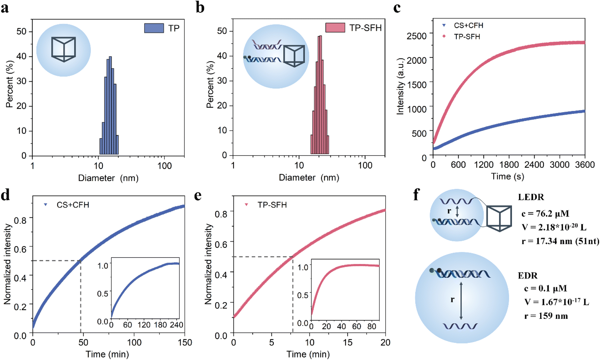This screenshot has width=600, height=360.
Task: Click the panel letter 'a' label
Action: pyautogui.click(x=5, y=8)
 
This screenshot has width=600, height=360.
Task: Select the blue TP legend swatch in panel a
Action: pyautogui.click(x=154, y=28)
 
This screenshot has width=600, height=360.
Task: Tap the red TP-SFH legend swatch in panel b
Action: pyautogui.click(x=335, y=27)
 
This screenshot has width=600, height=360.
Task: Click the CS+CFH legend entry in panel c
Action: pyautogui.click(x=468, y=25)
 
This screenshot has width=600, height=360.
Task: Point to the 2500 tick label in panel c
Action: pyautogui.click(x=417, y=36)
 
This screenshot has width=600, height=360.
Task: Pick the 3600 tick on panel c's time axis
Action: pyautogui.click(x=584, y=165)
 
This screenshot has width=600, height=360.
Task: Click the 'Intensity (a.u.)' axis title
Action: pyautogui.click(x=400, y=86)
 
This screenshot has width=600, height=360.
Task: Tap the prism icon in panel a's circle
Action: pyautogui.click(x=64, y=49)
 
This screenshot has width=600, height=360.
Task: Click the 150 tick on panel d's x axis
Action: pyautogui.click(x=185, y=342)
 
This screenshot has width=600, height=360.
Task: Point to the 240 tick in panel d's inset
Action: pyautogui.click(x=176, y=325)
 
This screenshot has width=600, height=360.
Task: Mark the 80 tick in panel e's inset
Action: pyautogui.click(x=372, y=326)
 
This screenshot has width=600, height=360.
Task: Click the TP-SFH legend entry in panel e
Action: pyautogui.click(x=272, y=205)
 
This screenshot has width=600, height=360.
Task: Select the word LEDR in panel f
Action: pyautogui.click(x=531, y=197)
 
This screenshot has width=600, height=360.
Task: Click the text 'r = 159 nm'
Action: pyautogui.click(x=546, y=316)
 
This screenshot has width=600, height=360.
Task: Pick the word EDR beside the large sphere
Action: pyautogui.click(x=528, y=276)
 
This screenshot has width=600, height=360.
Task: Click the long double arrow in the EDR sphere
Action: pyautogui.click(x=461, y=300)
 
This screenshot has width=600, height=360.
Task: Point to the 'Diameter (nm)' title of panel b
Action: pyautogui.click(x=309, y=178)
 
